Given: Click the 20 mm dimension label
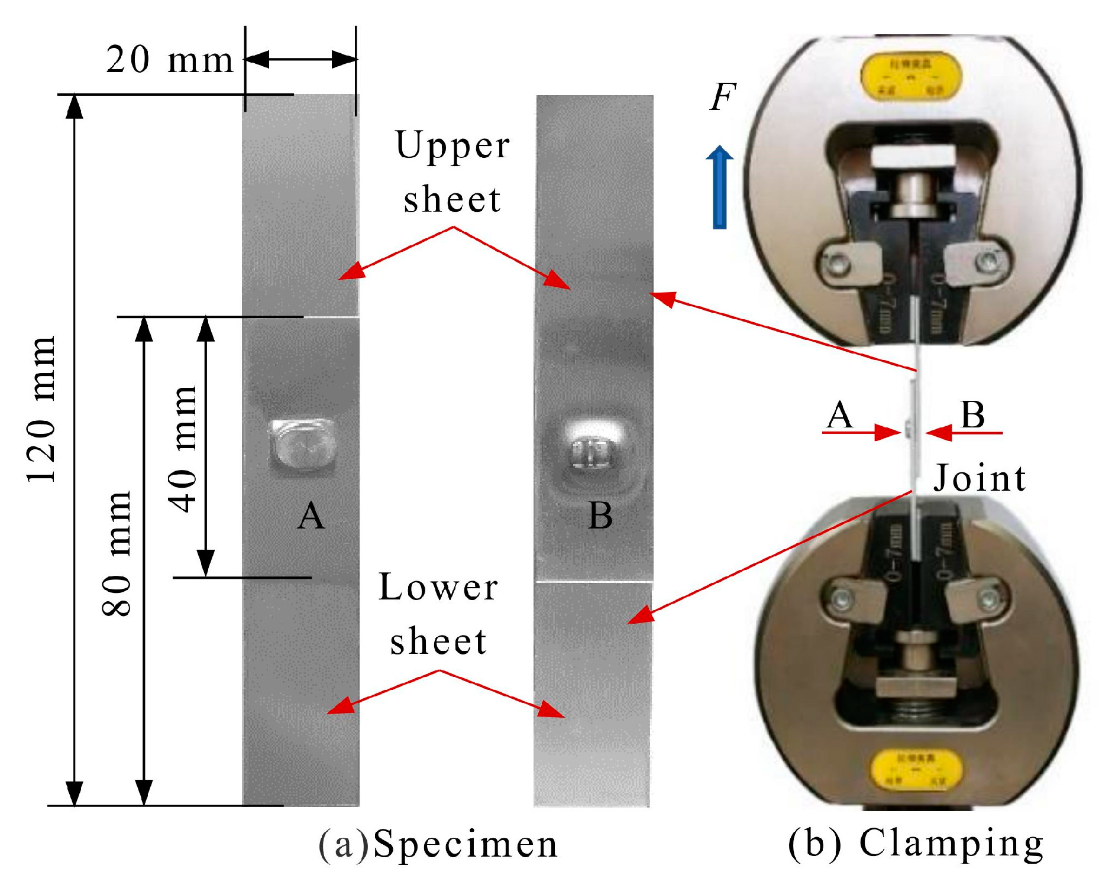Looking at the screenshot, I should point(170,60).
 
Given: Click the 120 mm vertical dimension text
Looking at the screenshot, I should point(41,410).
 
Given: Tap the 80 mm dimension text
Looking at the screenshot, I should point(117,553).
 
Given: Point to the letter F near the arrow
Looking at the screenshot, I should point(722,97).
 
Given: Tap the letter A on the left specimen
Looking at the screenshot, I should point(311,516).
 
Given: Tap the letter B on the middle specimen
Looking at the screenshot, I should point(600,516).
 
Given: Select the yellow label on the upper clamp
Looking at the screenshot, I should point(911,77).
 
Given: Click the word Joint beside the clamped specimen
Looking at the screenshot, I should point(980,478).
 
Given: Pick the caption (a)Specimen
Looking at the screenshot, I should point(438,844).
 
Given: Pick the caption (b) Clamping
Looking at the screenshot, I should point(916,843).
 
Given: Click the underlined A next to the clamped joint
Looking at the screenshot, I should point(840,415).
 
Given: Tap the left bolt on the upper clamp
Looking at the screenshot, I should point(835,262).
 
